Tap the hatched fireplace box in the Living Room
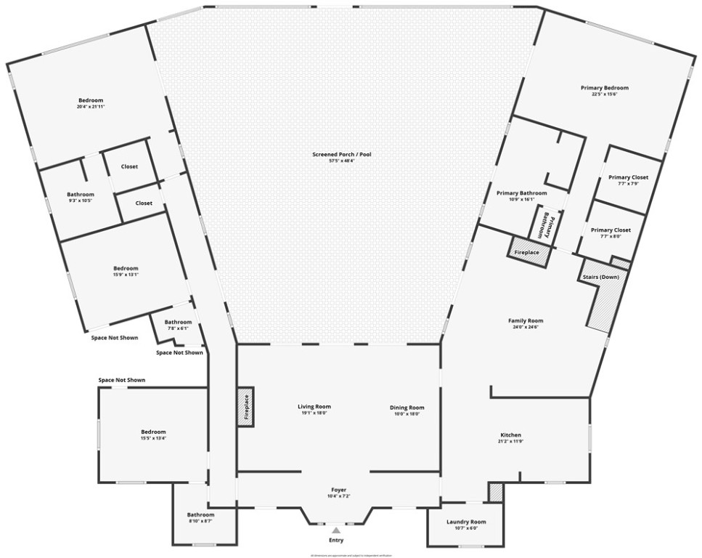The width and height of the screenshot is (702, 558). [x=245, y=407]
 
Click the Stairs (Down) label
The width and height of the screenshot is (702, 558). [x=600, y=277]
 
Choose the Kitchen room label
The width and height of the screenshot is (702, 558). [x=510, y=435]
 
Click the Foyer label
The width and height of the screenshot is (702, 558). [x=335, y=490]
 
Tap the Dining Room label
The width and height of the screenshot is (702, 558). [x=407, y=408]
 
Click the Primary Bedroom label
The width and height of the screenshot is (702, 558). [x=604, y=88]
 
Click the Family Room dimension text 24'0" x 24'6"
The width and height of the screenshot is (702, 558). [x=526, y=327]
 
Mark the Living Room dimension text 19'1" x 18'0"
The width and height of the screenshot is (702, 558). [x=314, y=413]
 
